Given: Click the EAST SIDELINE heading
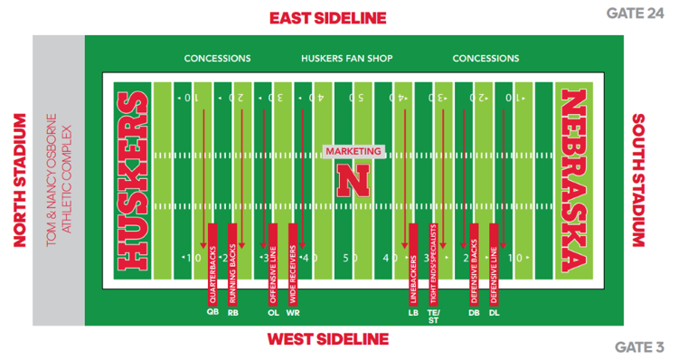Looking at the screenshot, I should [327, 17].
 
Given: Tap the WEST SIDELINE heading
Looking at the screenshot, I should [327, 339].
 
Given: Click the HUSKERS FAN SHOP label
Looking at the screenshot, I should [347, 59].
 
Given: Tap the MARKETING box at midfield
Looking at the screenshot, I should [353, 151].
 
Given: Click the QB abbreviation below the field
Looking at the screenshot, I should [212, 313].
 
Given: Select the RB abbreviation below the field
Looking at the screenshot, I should [233, 313].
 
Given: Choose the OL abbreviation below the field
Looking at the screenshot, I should [273, 313].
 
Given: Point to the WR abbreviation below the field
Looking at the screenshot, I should [293, 313].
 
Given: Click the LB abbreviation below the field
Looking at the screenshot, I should [413, 313].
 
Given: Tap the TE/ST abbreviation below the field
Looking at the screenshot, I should [433, 316].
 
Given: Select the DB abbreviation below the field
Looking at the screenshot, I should [474, 313].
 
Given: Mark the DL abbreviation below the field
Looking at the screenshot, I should [494, 313].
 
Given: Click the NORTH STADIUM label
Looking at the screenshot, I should [17, 180].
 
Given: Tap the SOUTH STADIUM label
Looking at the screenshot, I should [638, 180].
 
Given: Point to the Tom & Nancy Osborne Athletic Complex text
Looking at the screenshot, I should [59, 180].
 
